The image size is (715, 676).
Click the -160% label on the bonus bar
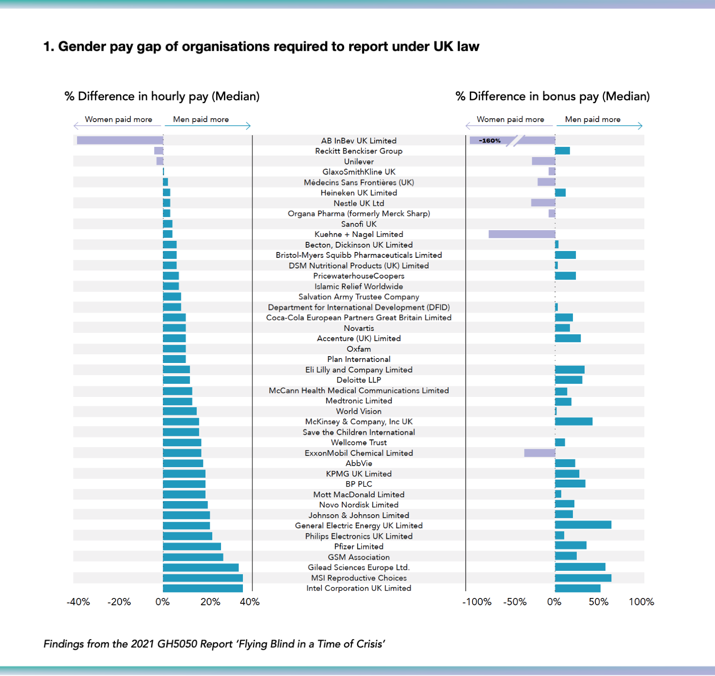pos(490,141)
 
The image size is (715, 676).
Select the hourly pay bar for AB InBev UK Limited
pos(120,141)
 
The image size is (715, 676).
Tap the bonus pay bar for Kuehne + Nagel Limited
pos(522,235)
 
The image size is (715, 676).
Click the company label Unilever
pos(359,162)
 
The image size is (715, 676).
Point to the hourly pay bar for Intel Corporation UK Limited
pos(203,588)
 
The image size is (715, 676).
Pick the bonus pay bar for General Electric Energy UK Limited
pos(583,525)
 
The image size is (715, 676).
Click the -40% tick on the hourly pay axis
pos(79,602)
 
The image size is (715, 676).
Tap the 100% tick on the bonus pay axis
pos(641,602)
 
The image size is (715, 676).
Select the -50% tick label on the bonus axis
pos(515,602)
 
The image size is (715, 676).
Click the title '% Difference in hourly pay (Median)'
pos(162,96)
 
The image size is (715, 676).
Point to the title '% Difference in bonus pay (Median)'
pos(553,96)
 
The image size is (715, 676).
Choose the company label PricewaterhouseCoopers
pos(359,276)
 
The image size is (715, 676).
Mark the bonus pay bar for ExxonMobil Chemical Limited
pos(540,453)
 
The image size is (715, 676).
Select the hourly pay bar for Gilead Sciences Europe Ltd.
pos(201,567)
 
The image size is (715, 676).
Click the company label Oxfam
pos(359,349)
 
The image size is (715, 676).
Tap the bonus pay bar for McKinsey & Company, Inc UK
pos(573,422)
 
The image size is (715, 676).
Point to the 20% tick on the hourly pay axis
pos(210,602)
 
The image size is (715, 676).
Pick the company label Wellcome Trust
pos(359,442)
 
